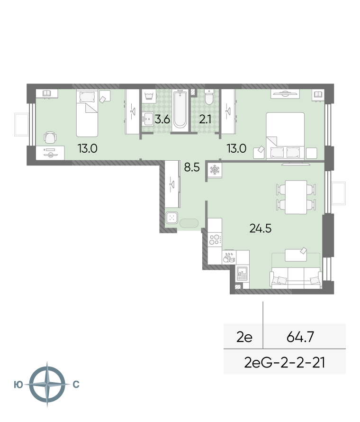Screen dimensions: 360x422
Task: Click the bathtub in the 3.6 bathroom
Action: coord(180,110)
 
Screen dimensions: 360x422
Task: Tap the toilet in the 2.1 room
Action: coord(208,97)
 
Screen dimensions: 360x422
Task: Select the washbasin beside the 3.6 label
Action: coord(148,119)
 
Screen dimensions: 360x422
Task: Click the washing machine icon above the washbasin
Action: coord(149,96)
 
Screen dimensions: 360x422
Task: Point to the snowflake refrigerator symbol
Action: coord(215,170)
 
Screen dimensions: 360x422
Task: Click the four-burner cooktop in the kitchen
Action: coord(215,239)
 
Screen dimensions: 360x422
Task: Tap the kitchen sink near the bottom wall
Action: coord(242,274)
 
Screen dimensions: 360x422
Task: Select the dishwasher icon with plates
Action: coord(229,257)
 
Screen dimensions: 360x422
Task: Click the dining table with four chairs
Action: coord(296,197)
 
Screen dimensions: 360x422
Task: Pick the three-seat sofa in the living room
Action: coord(296,278)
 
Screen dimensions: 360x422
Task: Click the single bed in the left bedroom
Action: coord(87,113)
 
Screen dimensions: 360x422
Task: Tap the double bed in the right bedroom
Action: coord(285,136)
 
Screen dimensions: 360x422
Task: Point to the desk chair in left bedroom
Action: coord(50,138)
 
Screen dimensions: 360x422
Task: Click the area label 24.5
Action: coord(260,229)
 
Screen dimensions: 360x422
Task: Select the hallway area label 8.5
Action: coord(192,167)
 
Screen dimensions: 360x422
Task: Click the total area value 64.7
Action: coord(300,337)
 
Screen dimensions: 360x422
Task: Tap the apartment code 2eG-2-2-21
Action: coord(285,362)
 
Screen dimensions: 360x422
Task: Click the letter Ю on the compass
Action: coord(18,385)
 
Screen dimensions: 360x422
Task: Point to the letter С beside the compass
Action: coord(76,385)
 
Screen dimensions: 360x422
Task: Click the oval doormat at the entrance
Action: coord(189,223)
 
